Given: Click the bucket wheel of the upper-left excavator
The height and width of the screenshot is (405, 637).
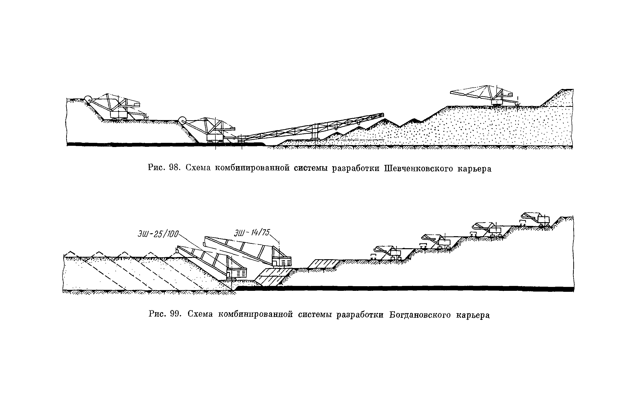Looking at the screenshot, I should click(87, 100).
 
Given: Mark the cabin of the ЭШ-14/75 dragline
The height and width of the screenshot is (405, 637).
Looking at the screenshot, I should click(282, 261).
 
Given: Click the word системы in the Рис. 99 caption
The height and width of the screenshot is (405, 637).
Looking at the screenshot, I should click(315, 315).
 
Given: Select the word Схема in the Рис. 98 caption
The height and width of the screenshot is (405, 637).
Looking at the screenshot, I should click(198, 168).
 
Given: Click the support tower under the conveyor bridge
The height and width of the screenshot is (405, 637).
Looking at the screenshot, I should click(315, 132).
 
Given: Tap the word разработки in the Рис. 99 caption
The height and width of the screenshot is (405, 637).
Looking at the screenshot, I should click(360, 315).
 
